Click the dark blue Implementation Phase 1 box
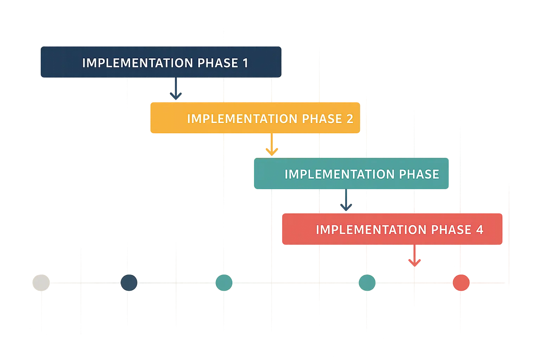click(x=161, y=62)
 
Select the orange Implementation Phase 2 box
click(x=254, y=118)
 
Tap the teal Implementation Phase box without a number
click(x=351, y=174)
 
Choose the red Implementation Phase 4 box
click(x=392, y=229)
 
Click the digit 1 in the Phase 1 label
click(x=245, y=63)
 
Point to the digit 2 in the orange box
click(x=349, y=119)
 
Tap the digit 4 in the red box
click(x=480, y=230)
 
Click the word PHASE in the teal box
click(x=419, y=174)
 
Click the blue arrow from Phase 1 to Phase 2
click(x=175, y=90)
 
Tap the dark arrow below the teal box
click(x=346, y=200)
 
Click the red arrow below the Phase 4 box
click(x=414, y=256)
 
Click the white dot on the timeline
click(x=41, y=282)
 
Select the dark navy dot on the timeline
click(x=129, y=282)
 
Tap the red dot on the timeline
click(x=461, y=282)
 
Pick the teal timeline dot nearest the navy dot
click(x=224, y=282)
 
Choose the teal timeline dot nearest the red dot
click(x=367, y=282)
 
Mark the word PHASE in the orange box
click(x=322, y=119)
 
